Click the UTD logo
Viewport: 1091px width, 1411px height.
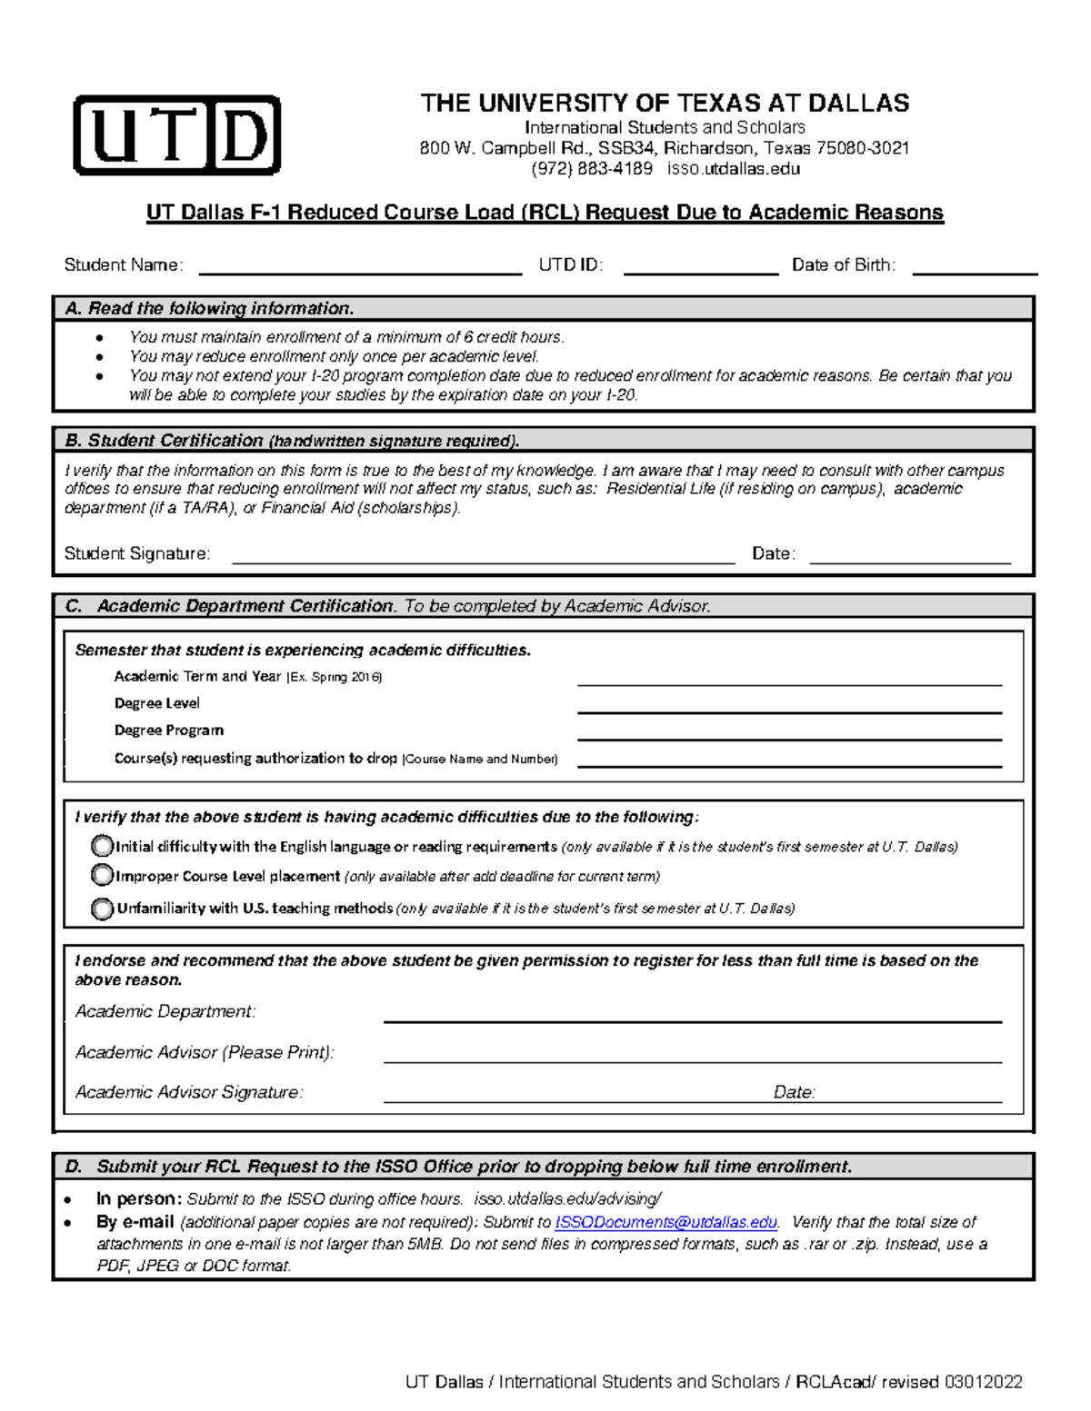coord(176,135)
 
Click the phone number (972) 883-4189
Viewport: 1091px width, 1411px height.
coord(592,169)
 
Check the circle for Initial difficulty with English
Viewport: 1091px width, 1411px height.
coord(102,847)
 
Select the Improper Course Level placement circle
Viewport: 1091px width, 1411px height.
coord(102,876)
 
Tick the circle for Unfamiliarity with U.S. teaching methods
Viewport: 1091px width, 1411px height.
coord(102,908)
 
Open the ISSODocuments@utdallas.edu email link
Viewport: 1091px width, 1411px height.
coord(666,1223)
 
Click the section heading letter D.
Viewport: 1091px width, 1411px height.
coord(74,1167)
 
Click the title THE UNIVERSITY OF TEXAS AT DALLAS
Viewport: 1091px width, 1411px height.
coord(665,104)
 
